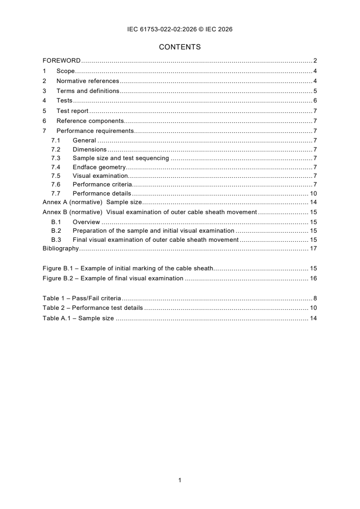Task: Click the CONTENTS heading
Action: click(x=180, y=47)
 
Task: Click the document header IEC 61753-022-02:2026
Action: click(x=180, y=29)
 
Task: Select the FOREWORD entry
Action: click(x=61, y=61)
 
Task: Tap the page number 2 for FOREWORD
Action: click(x=315, y=61)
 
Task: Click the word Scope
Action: click(x=65, y=71)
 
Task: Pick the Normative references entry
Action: click(x=88, y=81)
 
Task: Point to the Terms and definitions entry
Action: click(x=88, y=91)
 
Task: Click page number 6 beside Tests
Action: click(x=315, y=101)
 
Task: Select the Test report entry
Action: click(x=72, y=111)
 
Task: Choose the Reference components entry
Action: click(x=90, y=121)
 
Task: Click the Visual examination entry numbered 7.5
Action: click(x=100, y=176)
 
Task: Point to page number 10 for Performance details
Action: click(x=313, y=193)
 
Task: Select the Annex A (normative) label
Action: click(x=72, y=202)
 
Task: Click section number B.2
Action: click(x=56, y=231)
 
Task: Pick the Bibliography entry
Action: click(x=60, y=248)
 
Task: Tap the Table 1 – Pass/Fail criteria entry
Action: click(x=82, y=298)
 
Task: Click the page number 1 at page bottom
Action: click(x=180, y=480)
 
